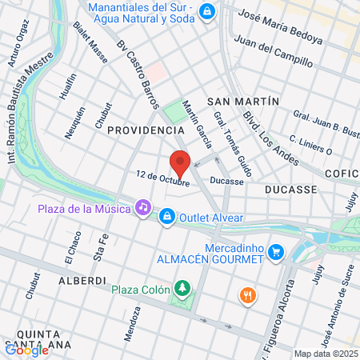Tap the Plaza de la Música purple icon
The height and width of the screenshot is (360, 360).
tap(142, 207)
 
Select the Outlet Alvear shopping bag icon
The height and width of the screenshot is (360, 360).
tap(167, 216)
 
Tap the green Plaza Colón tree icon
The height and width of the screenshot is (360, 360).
tap(184, 287)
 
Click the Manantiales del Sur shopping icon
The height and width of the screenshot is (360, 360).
tap(208, 11)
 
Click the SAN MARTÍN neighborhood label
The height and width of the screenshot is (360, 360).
tap(242, 102)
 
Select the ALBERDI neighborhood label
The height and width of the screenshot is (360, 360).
tap(82, 281)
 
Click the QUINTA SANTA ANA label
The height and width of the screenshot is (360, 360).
tap(38, 339)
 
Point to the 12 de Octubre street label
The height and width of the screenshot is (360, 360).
tap(162, 178)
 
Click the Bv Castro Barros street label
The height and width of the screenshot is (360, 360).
tap(138, 72)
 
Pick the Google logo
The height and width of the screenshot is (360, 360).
tap(26, 349)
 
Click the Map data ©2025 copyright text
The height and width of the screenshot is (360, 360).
tap(325, 354)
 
